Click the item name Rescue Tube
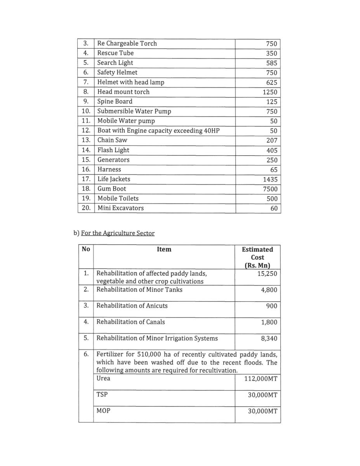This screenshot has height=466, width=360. click(115, 53)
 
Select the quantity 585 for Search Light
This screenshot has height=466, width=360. click(271, 63)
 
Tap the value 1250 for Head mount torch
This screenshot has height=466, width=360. click(270, 92)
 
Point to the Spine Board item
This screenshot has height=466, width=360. click(115, 102)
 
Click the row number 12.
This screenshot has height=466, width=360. click(86, 131)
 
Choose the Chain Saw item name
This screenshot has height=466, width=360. click(112, 140)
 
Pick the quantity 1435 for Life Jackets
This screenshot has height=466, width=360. click(270, 179)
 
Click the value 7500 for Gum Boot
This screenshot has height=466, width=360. click(270, 189)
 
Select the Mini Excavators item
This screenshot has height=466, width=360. click(120, 208)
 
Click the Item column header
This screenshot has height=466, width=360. click(164, 249)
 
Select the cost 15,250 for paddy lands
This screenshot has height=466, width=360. click(267, 273)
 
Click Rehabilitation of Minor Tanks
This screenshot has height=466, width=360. click(139, 290)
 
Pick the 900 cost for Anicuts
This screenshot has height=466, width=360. click(272, 306)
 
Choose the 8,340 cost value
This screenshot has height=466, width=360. click(269, 339)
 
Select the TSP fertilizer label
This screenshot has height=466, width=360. click(102, 395)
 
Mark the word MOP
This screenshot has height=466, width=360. click(103, 410)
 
